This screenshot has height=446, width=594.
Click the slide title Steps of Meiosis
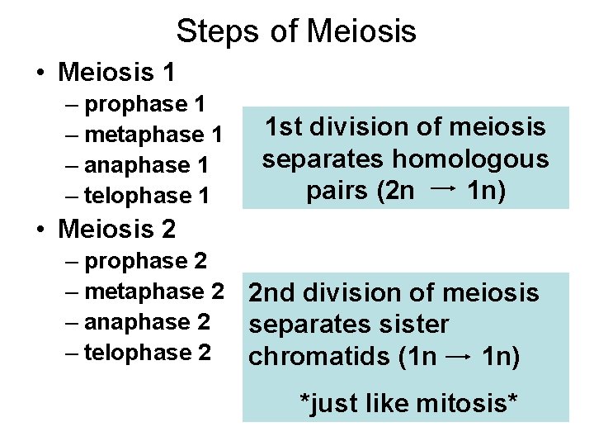[x=296, y=31]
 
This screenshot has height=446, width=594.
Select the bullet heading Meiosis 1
[x=116, y=72]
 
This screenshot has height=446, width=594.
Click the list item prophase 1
[x=145, y=104]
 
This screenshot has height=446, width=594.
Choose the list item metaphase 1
[x=153, y=135]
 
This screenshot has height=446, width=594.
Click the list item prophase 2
[x=145, y=261]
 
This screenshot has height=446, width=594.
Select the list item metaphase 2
[x=153, y=292]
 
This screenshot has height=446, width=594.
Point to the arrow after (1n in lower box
[x=459, y=356]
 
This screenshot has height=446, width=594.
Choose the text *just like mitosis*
[x=408, y=404]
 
